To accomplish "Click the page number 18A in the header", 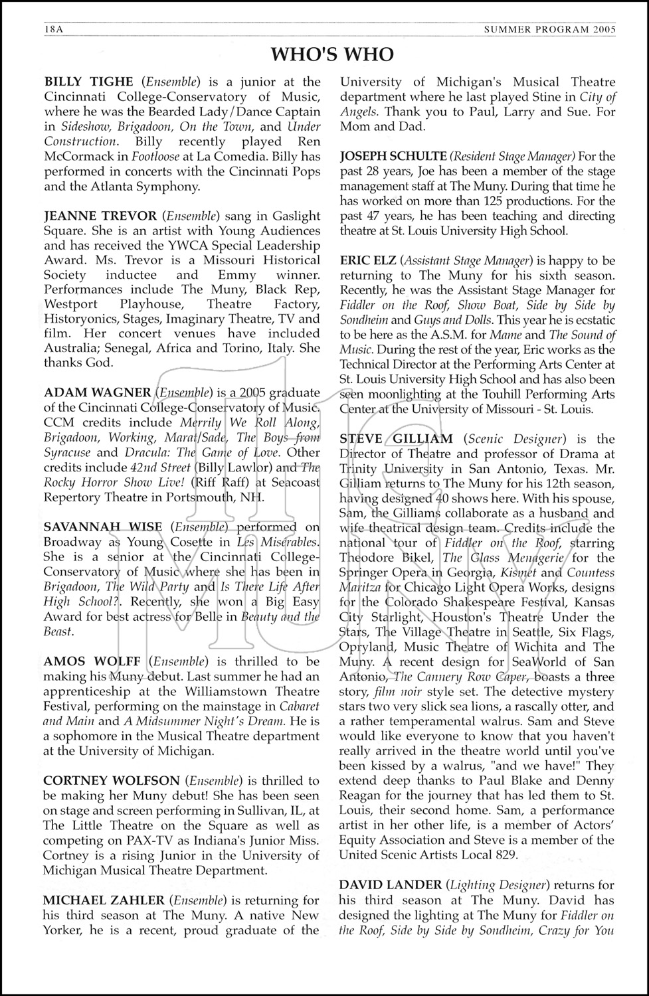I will point(53,29).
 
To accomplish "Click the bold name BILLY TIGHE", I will point(88,82).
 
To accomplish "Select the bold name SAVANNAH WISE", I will point(102,527).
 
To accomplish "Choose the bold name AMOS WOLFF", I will point(92,661).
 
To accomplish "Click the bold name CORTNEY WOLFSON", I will point(111,781).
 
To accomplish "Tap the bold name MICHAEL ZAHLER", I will point(104,900).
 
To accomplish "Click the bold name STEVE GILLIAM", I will point(396,439).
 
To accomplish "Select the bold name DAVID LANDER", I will point(390,885).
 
